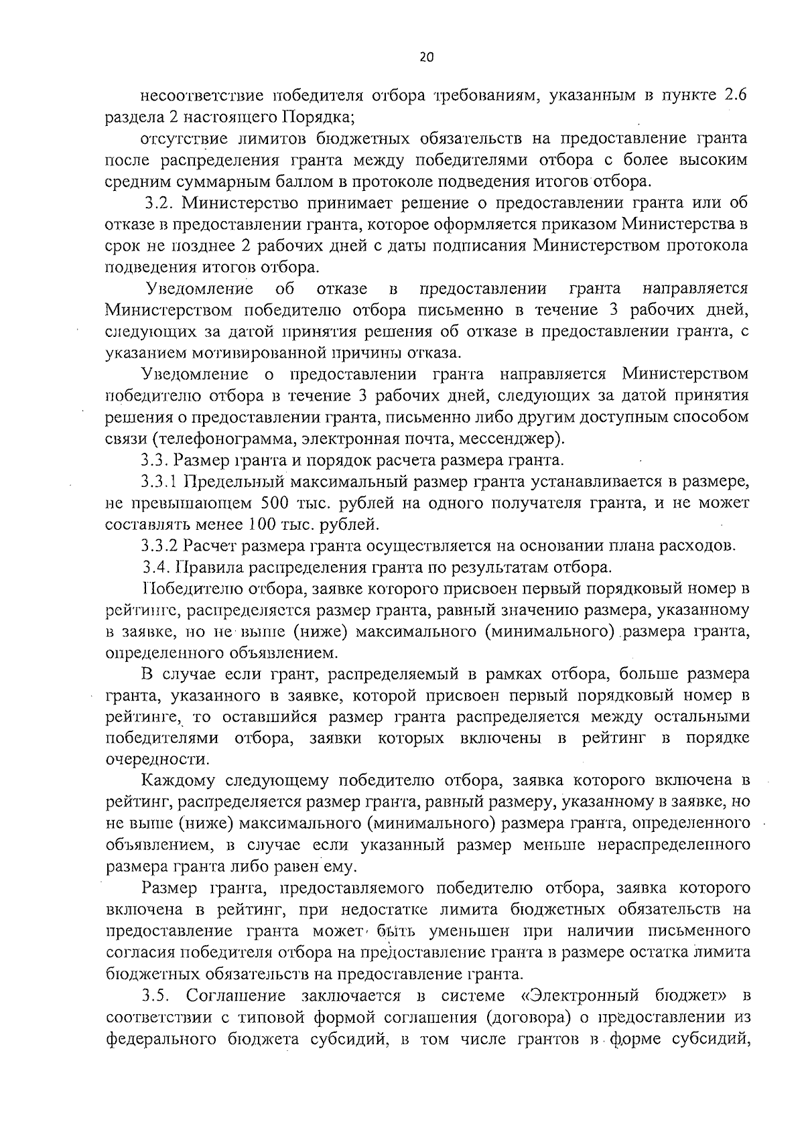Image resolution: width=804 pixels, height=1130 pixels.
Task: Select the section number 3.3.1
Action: (x=161, y=481)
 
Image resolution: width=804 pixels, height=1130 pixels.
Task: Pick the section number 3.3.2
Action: (x=161, y=545)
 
